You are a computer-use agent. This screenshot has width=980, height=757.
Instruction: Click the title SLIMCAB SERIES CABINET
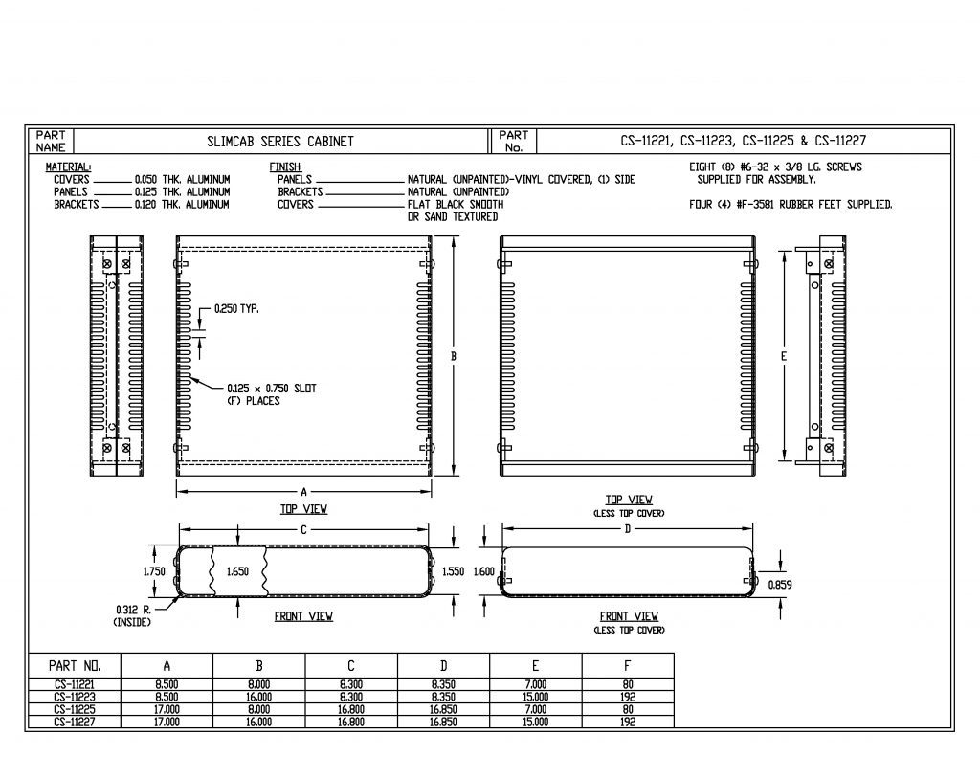point(280,142)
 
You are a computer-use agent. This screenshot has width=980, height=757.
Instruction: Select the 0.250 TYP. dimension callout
point(236,309)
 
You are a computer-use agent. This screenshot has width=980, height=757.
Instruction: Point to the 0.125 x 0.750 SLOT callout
point(271,389)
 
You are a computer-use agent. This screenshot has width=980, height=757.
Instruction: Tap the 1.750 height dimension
point(154,571)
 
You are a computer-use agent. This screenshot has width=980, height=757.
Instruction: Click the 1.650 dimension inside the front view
point(237,571)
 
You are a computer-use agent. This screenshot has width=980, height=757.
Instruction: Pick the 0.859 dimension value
point(779,585)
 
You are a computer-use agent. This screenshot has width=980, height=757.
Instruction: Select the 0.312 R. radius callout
point(133,610)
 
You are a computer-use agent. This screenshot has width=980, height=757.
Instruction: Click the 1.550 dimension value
point(453,571)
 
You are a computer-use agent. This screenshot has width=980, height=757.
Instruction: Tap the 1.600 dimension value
point(484,571)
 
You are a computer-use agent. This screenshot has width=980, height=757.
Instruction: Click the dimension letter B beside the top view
point(454,356)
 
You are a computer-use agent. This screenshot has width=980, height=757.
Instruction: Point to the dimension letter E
point(784,356)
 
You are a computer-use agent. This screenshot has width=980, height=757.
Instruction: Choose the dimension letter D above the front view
point(628,529)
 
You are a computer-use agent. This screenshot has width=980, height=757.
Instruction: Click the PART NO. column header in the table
point(75,666)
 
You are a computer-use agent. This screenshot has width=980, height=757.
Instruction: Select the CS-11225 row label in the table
point(74,709)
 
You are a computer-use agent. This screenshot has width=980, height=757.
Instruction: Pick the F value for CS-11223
point(628,697)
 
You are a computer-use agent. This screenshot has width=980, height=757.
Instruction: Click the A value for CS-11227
point(167,722)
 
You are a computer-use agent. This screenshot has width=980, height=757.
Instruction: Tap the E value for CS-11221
point(536,684)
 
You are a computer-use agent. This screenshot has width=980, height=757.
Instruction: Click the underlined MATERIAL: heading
point(68,167)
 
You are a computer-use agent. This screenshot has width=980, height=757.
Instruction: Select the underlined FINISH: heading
point(285,167)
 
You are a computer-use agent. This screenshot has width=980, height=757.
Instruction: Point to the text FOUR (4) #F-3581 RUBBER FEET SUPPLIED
point(791,205)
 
